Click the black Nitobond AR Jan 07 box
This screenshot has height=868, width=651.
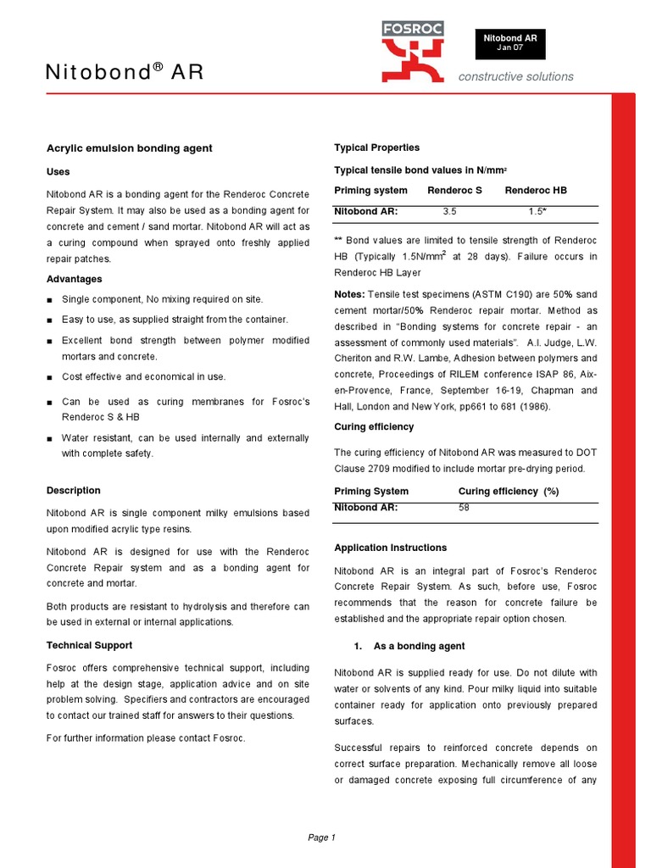(509, 43)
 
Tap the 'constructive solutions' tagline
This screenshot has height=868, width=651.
(515, 76)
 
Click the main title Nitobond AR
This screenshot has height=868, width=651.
(125, 73)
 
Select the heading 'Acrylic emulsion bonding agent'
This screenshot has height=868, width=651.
(129, 148)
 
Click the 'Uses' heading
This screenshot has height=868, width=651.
(58, 171)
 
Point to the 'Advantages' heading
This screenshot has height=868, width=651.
(74, 279)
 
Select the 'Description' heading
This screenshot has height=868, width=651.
(73, 490)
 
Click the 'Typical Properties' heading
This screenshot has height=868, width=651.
(376, 147)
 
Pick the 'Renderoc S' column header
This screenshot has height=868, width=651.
(454, 190)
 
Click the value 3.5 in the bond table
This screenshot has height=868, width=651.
(450, 211)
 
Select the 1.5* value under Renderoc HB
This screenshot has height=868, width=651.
(537, 211)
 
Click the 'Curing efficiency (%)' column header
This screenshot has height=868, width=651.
(508, 491)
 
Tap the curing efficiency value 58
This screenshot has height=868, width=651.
(464, 508)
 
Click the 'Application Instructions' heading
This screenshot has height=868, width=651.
(390, 548)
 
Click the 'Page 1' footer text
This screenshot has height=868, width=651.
(322, 837)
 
